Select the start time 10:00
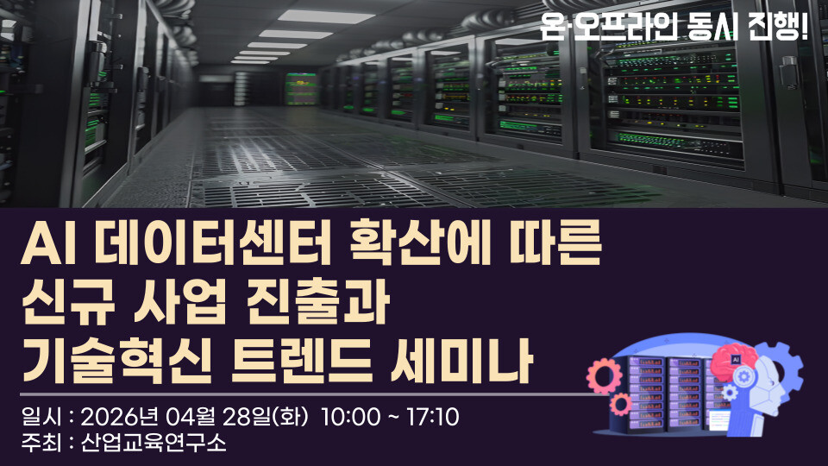350,418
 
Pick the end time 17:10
432,418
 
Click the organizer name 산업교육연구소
154,443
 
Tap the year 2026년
120,418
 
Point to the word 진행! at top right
778,27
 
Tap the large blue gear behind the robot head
784,370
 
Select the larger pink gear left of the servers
604,375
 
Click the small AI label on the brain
736,359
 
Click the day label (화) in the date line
290,418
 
